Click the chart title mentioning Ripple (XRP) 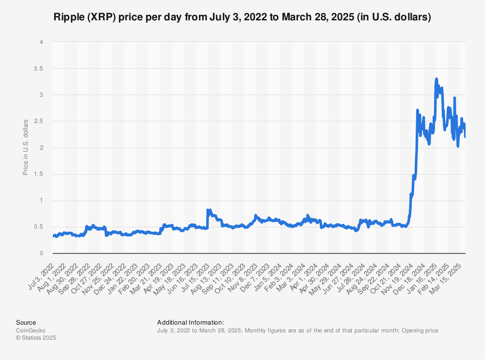click(242, 17)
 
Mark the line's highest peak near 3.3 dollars click(436, 78)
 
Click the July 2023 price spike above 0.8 click(208, 210)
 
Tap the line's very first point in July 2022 click(53, 236)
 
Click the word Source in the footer click(26, 322)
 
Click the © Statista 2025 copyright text click(36, 338)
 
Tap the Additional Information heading click(191, 322)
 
